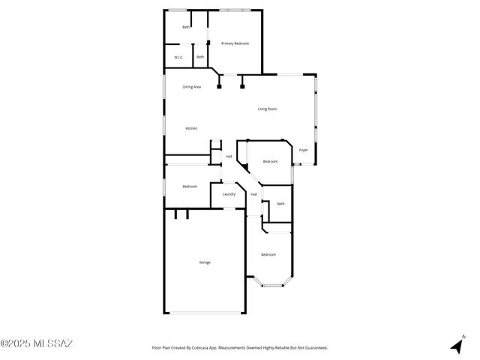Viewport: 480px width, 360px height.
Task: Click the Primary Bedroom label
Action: click(235, 43)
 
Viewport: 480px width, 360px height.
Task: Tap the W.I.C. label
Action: click(178, 57)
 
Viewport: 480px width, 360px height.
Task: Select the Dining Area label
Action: click(192, 87)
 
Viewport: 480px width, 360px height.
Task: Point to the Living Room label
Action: click(268, 109)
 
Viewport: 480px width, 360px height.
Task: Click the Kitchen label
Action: click(191, 128)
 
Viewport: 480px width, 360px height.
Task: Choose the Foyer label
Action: click(303, 150)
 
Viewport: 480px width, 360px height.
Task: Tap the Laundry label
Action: click(229, 194)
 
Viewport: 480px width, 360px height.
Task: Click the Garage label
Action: click(205, 262)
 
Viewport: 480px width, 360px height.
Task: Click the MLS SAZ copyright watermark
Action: click(37, 344)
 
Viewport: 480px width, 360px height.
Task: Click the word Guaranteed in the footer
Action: click(313, 348)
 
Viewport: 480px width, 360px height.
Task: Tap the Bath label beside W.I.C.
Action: click(200, 57)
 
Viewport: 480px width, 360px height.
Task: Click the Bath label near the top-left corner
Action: click(186, 28)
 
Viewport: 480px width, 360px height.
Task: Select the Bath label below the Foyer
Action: click(280, 203)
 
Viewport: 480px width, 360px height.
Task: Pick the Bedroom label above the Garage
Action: click(190, 186)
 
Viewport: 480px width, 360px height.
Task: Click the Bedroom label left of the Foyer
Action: click(270, 161)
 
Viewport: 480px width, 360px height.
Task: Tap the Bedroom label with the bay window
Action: click(268, 254)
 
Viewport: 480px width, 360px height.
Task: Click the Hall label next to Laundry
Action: click(253, 194)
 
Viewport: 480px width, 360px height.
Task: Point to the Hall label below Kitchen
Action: click(229, 156)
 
